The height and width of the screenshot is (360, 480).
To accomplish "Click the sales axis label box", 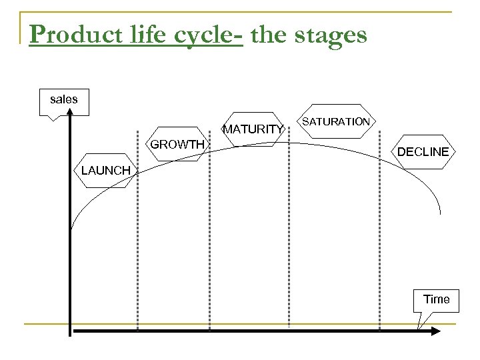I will click(x=64, y=99).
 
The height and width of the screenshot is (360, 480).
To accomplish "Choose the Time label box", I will click(x=437, y=299).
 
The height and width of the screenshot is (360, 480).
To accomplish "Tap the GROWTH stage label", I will click(x=177, y=144).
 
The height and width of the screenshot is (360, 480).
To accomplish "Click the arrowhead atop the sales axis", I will click(x=69, y=119).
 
